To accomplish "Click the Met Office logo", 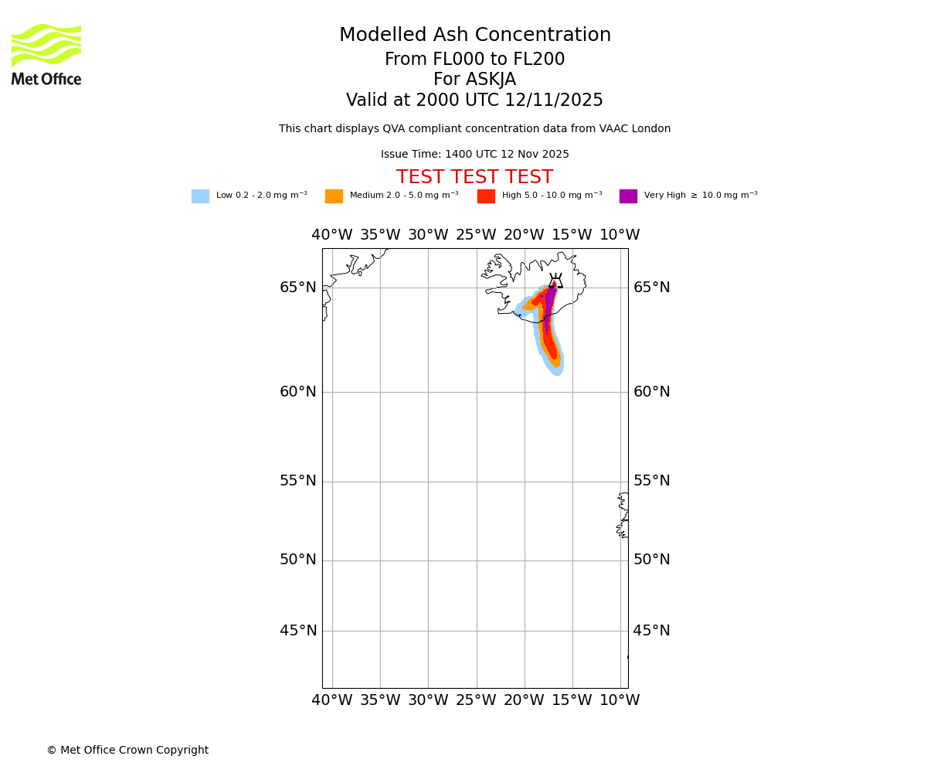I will coord(46,54).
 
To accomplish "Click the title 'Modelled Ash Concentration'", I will coord(475,36).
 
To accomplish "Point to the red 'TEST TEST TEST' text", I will coord(474,178).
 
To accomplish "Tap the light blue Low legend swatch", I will coord(200,196).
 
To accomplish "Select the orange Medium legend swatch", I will coord(334,196).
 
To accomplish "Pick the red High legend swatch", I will coord(486,196).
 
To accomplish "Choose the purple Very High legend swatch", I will coord(628,196).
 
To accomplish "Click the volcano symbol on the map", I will coord(555,281).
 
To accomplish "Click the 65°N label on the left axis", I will coord(298,288).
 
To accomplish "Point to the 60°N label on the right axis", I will coord(652,392).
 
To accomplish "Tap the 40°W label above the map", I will coord(332,235).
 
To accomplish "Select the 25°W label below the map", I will coord(476,700).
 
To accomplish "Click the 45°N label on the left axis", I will coord(298,631).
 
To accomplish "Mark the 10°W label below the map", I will coord(620,700).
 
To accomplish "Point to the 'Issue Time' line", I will coord(474,155).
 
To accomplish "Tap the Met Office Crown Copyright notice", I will coord(127,751).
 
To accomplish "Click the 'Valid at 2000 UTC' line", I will coord(474,100).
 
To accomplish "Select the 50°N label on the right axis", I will coord(652,560).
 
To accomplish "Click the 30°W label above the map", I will coord(428,235).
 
